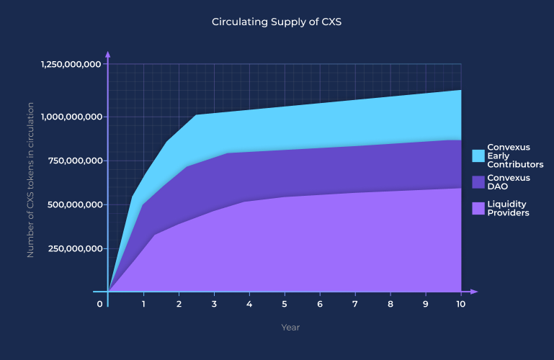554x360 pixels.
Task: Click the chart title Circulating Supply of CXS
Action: coord(277,22)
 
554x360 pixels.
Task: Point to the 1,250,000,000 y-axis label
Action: coord(71,64)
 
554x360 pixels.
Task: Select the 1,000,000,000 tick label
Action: coord(72,117)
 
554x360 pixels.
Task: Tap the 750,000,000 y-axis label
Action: coord(75,161)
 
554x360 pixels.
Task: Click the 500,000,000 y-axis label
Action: coord(75,204)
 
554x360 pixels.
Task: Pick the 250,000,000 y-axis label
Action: coord(75,248)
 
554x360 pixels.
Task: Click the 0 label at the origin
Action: coord(99,304)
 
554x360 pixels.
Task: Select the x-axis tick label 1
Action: coord(143,304)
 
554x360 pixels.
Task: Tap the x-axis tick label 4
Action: coord(249,304)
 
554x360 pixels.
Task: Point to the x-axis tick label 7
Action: coord(354,304)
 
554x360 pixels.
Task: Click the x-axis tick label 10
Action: coord(460,304)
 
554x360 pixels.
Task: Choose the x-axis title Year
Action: coord(290,328)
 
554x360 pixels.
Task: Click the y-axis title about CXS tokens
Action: coord(30,180)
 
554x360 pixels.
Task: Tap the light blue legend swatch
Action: coord(478,156)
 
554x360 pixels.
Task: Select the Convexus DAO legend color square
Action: coord(478,182)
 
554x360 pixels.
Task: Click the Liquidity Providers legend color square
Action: coord(478,209)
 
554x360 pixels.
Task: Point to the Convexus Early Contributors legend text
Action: coord(515,156)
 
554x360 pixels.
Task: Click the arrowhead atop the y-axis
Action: coord(108,54)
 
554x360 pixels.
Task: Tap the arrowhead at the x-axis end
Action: coord(474,292)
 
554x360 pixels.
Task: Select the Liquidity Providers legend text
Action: coord(508,209)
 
